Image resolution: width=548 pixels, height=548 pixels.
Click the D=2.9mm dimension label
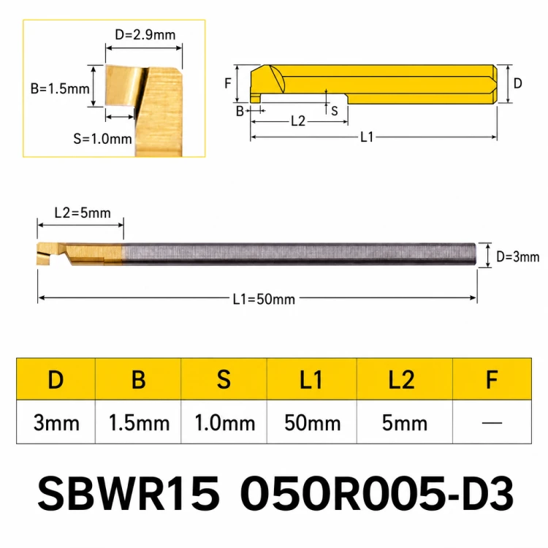(145, 35)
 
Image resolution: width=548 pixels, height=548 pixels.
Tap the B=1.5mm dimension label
(60, 88)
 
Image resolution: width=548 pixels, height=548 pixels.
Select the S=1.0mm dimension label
(102, 139)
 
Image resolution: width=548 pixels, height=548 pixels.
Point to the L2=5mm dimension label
(83, 213)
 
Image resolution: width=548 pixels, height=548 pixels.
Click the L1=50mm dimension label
(264, 299)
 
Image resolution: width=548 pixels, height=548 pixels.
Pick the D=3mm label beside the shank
(517, 257)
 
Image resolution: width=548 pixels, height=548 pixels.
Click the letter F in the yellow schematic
(228, 83)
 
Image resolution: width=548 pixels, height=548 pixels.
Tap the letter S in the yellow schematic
(335, 111)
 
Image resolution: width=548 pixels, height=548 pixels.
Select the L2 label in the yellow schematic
(298, 121)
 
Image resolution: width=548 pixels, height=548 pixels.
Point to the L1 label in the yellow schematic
(367, 137)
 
